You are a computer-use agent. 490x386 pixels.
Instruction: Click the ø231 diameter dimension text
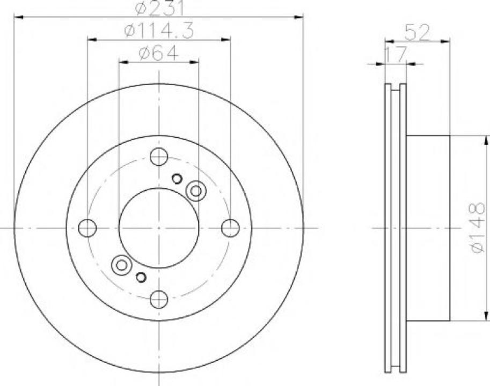[159, 8]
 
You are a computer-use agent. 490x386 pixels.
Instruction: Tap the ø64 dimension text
[158, 53]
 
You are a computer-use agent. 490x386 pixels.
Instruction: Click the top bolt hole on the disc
[159, 157]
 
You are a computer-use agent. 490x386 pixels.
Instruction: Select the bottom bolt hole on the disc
[159, 299]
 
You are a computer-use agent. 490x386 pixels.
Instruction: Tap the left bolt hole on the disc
[87, 228]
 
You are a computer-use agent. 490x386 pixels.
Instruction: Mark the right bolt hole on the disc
[230, 228]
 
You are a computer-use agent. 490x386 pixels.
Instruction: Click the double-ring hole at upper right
[196, 190]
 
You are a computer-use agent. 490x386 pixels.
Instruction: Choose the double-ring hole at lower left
[122, 265]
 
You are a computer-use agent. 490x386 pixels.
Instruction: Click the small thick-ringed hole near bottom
[141, 277]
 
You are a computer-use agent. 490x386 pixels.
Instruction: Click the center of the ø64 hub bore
[159, 228]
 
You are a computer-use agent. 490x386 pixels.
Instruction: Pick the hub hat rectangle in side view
[428, 228]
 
